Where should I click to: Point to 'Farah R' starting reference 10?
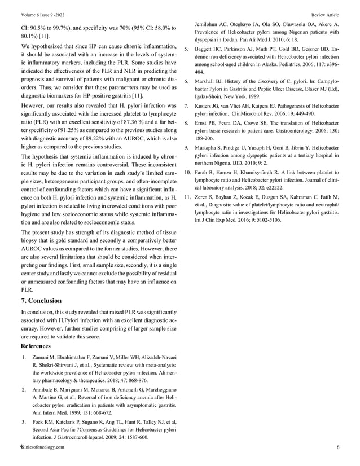pos(205,172)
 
